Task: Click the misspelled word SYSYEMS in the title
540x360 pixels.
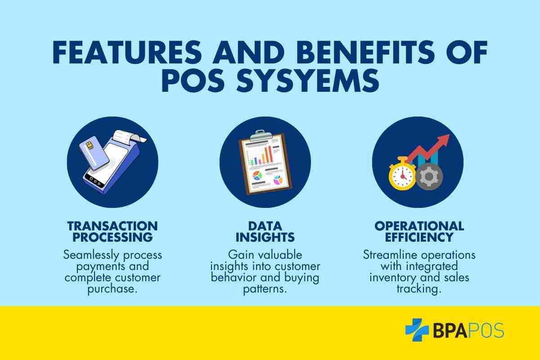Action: (x=308, y=81)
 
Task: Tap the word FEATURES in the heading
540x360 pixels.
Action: (x=127, y=52)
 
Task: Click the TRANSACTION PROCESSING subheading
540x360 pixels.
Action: (x=112, y=231)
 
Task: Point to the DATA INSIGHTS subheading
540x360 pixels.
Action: (x=265, y=231)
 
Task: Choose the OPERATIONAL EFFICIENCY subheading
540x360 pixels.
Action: (x=419, y=231)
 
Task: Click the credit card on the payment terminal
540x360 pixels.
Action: (x=94, y=153)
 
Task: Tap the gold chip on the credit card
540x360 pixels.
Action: (x=90, y=145)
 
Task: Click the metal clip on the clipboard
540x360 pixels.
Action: (x=261, y=136)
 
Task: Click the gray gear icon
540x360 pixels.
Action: (x=429, y=176)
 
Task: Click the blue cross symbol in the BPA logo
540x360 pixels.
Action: (x=417, y=330)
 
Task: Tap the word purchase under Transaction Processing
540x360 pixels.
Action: (x=112, y=289)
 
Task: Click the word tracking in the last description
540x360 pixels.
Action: (x=419, y=289)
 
